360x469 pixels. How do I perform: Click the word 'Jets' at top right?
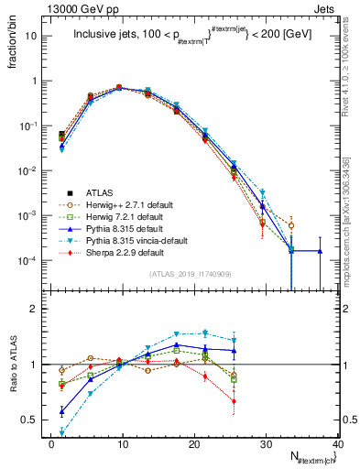(329, 8)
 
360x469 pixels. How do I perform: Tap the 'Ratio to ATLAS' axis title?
(10, 363)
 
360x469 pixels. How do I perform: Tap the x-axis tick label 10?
(122, 442)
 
